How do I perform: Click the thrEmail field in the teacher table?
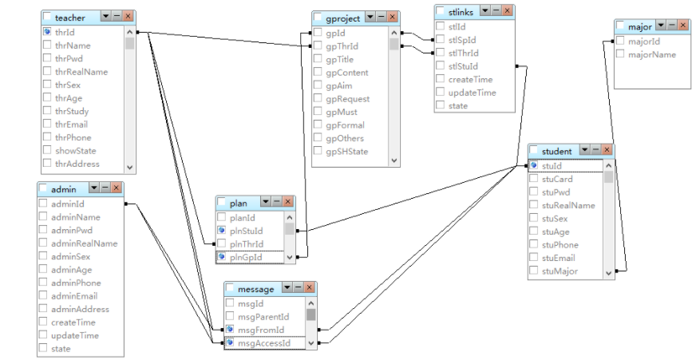coord(71,125)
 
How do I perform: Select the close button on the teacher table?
coord(128,17)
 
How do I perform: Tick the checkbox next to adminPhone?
coord(43,283)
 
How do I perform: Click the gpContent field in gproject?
coord(346,73)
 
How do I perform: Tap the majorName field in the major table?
coord(652,55)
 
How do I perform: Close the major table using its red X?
coord(682,27)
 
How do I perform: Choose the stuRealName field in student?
coord(568,205)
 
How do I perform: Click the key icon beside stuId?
coord(534,166)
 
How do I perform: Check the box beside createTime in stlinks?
coord(440,79)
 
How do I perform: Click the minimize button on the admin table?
coord(105,188)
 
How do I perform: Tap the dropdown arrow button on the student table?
coord(585,150)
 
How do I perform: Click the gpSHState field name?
coord(346,152)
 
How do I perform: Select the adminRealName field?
coord(84,243)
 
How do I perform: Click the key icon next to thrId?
coord(47,33)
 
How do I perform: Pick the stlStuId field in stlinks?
coord(463,66)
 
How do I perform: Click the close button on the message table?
coord(310,288)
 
